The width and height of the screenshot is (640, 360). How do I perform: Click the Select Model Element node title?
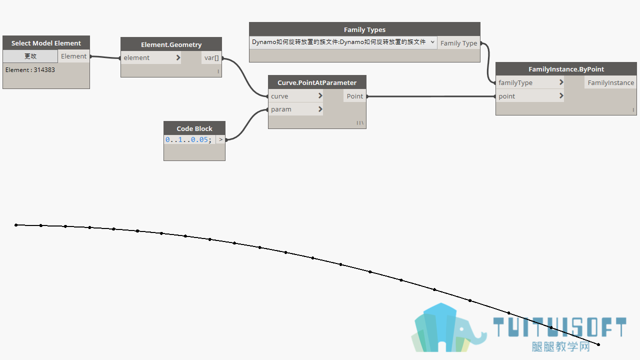tap(46, 43)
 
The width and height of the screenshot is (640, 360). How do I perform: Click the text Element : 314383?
tap(30, 69)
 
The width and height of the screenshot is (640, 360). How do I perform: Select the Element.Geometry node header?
tap(171, 44)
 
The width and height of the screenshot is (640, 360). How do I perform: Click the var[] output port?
tap(211, 57)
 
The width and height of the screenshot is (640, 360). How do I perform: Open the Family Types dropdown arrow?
tap(432, 42)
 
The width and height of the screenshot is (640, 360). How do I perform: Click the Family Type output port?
tap(458, 43)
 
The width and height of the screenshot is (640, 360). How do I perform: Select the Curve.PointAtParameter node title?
tap(317, 82)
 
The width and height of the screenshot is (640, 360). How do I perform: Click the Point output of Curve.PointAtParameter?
tap(354, 96)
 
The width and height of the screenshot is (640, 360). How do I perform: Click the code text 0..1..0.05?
tap(188, 139)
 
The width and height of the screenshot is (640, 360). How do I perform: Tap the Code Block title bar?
tap(194, 128)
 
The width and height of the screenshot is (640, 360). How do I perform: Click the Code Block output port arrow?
tap(220, 139)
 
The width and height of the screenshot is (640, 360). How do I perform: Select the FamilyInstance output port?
tap(610, 82)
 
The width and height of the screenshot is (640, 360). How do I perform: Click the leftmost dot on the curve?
tap(16, 225)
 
